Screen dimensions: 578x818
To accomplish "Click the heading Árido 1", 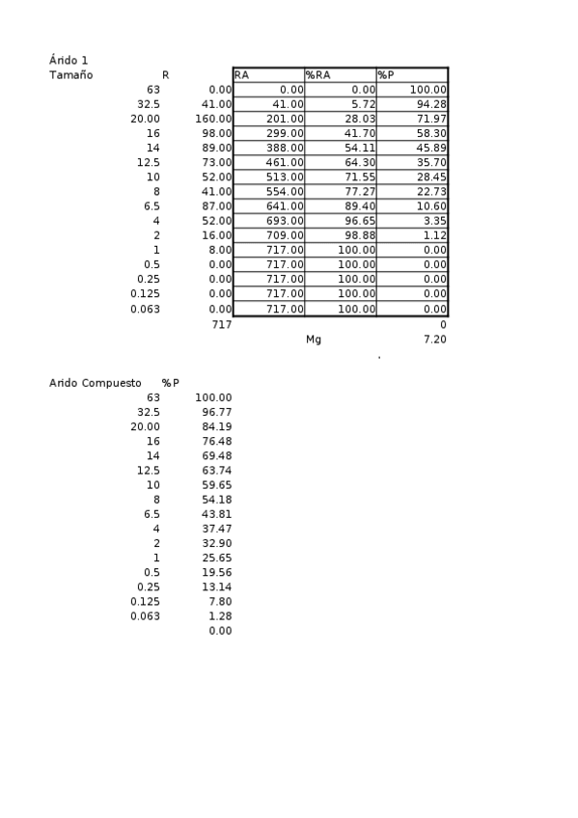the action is [69, 60].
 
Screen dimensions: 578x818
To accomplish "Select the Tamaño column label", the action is [70, 74].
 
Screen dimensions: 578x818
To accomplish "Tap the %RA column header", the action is [318, 74].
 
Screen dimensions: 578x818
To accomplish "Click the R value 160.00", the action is [213, 119].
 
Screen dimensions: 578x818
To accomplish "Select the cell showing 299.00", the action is [285, 133].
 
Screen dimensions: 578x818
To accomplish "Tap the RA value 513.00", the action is [285, 177].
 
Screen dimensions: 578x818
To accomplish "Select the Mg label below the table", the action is [313, 340].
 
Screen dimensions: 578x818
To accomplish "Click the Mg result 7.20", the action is [435, 340].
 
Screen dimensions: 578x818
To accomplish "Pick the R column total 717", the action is [221, 325].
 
